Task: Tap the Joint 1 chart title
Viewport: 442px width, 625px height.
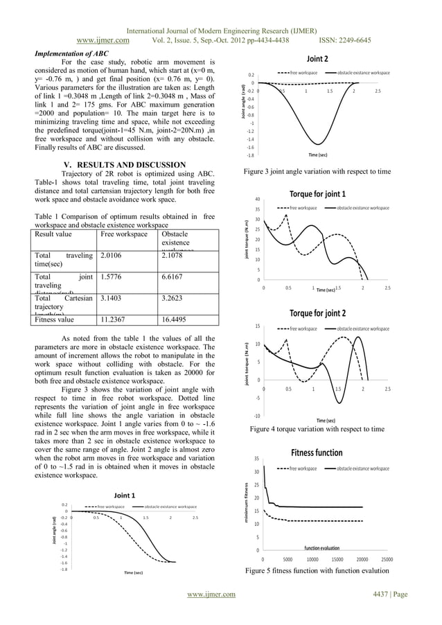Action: (x=124, y=495)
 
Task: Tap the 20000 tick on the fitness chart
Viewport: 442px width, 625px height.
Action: (x=362, y=558)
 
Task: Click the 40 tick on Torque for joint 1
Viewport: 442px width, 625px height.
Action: (x=256, y=199)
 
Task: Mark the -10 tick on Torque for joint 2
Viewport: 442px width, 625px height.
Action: (x=256, y=416)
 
